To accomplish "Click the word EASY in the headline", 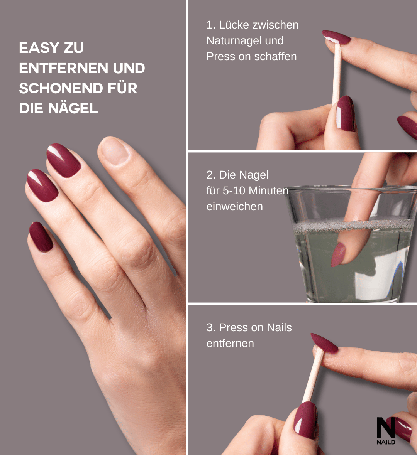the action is (39, 48).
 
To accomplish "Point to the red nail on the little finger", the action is (41, 236).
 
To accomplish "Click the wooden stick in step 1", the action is (337, 74).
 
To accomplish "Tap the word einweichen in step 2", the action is (234, 207).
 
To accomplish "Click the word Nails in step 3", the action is (279, 328).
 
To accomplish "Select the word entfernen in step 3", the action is (230, 344).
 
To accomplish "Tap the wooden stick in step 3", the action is (313, 374).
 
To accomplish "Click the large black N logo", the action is (386, 428).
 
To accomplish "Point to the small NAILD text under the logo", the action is (386, 442).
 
